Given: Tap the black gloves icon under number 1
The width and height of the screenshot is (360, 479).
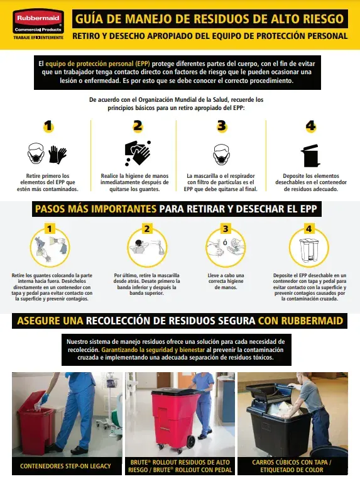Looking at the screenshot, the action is [57, 155].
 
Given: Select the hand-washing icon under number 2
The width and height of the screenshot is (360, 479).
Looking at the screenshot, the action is [138, 153].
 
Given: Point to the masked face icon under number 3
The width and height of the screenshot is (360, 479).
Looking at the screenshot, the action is [221, 155].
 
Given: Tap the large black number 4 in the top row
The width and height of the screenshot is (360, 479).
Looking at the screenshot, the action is [310, 126].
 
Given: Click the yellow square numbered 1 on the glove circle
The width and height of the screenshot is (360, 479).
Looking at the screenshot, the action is [50, 229].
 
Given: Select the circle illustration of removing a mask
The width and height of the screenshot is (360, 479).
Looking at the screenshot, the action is [147, 248].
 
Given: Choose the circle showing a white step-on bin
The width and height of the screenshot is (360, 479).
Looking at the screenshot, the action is [308, 248].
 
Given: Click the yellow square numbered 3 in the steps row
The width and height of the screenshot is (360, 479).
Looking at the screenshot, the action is [226, 229].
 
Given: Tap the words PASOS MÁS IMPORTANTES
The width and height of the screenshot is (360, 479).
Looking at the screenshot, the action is [95, 209].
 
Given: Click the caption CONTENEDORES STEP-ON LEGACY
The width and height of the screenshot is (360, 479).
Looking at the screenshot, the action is [65, 466].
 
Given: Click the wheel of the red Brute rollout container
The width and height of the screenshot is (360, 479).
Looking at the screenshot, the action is [191, 442].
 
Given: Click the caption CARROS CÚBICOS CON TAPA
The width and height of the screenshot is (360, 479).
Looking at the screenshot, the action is [292, 463].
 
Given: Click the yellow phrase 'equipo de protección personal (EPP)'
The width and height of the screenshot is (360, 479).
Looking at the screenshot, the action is [98, 64].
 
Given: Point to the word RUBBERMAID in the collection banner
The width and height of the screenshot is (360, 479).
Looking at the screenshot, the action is [312, 321].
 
